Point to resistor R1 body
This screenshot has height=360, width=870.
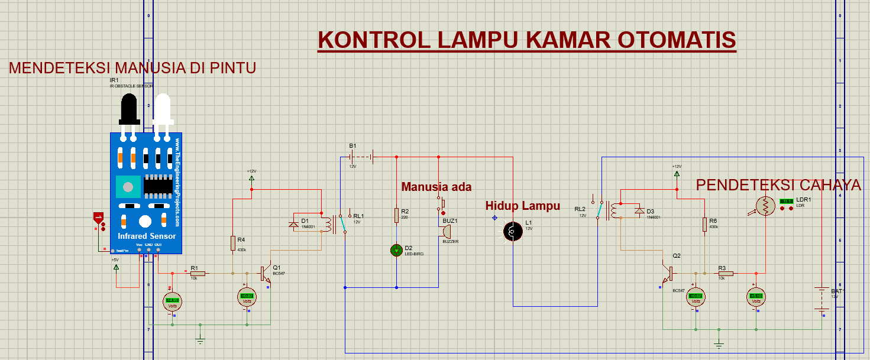coord(198,273)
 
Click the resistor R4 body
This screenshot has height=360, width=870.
coord(233,243)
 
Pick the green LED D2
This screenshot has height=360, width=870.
coord(396,250)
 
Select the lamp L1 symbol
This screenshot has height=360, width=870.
coord(512,232)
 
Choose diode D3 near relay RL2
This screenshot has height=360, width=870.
coord(639,210)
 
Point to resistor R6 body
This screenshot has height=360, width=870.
coord(705,224)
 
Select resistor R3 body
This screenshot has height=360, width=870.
coord(726,274)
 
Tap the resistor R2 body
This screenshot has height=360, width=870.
coord(396,216)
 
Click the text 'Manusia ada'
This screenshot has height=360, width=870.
coord(436,187)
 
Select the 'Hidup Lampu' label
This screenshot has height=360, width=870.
coord(522,206)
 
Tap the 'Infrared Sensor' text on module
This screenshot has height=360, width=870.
coord(147,236)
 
